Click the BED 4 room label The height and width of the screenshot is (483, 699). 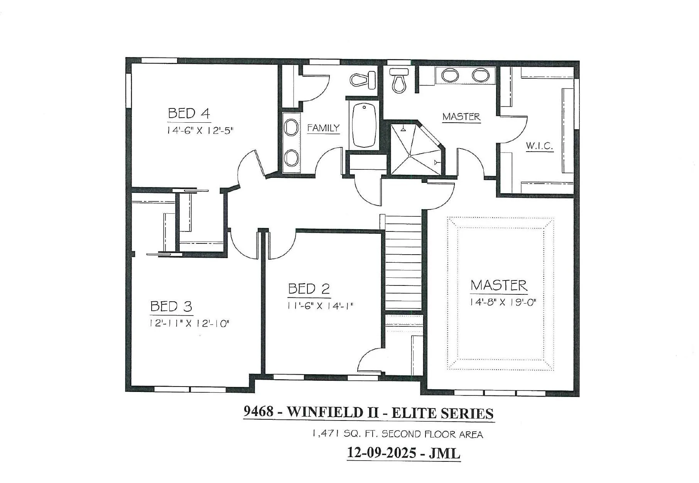(x=189, y=113)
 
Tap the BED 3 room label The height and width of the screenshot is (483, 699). (x=171, y=306)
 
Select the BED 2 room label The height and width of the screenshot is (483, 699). (x=309, y=289)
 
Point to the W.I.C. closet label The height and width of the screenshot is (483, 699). (x=540, y=146)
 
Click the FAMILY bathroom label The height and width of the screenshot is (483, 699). (x=323, y=128)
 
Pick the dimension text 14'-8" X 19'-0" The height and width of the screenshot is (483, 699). (x=503, y=302)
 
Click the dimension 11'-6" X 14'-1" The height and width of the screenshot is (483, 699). (x=320, y=306)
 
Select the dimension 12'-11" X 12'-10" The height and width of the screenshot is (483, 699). (x=189, y=323)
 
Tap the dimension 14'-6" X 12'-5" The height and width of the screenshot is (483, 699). (x=200, y=130)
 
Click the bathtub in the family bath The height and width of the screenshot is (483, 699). (x=365, y=125)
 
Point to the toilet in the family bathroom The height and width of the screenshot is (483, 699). (x=363, y=80)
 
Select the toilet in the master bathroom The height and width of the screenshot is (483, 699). (x=398, y=81)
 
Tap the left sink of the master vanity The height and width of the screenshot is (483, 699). (x=450, y=75)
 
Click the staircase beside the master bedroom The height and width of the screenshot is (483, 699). (x=404, y=262)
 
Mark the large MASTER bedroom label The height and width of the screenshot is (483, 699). (x=499, y=285)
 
